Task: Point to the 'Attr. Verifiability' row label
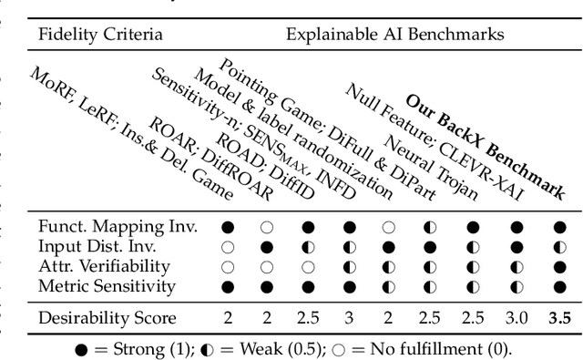(104, 266)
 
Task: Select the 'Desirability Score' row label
(107, 318)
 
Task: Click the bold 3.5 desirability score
(558, 318)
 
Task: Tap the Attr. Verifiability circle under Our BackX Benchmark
(559, 266)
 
